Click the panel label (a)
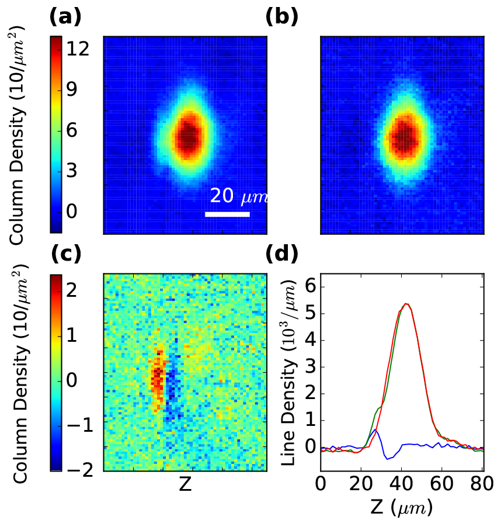point(65,17)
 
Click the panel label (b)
point(281,17)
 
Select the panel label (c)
point(66,254)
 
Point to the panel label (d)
point(281,254)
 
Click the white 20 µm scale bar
point(227,214)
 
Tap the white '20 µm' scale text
point(238,196)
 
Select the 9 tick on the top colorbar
point(72,89)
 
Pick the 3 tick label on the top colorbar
point(72,171)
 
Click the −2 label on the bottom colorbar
point(80,470)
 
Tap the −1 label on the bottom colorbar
point(80,425)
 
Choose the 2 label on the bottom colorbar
point(72,290)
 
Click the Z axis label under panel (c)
point(185,484)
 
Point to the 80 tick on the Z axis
point(482,483)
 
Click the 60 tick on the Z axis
point(442,483)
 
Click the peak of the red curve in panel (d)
point(406,304)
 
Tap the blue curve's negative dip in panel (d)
point(387,459)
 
